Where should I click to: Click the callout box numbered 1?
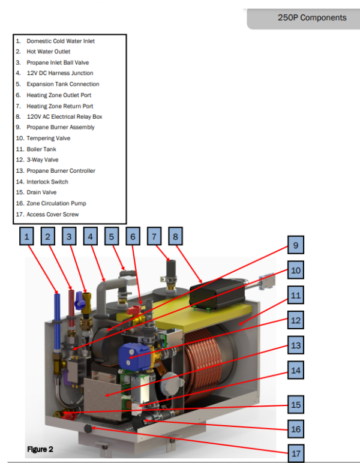[27, 236]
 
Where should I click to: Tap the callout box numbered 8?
[175, 236]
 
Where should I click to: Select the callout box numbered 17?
[295, 453]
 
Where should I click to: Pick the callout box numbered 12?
[295, 320]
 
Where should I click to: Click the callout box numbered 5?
[111, 236]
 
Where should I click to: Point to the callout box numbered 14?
[295, 370]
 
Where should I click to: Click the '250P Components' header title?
[311, 17]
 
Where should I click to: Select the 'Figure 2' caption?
[40, 449]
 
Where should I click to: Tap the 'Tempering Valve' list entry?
[48, 138]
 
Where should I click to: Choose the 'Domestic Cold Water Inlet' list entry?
[60, 41]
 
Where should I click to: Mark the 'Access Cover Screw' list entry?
[52, 214]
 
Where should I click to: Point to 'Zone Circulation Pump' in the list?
[56, 203]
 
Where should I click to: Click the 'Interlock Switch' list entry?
[47, 182]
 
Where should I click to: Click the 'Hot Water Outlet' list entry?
[48, 52]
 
